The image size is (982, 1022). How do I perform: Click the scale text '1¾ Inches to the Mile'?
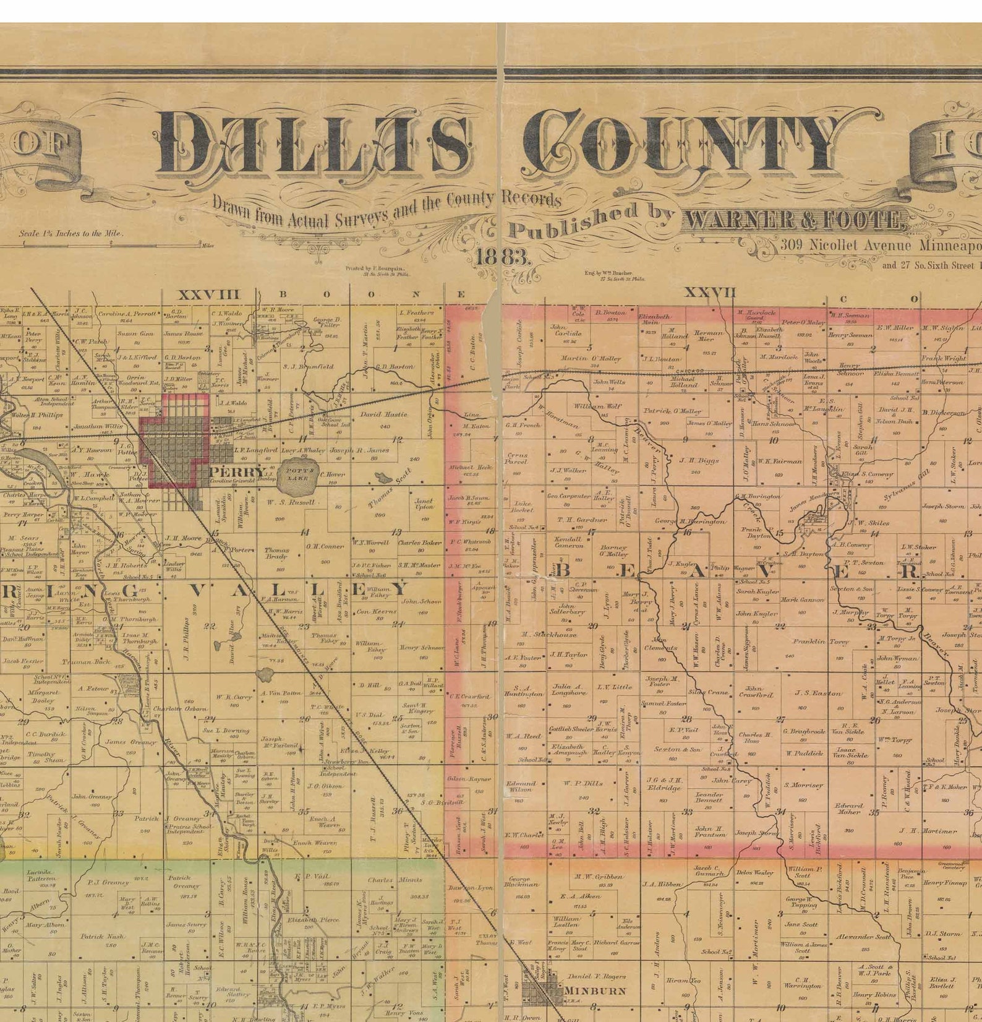pos(70,234)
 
